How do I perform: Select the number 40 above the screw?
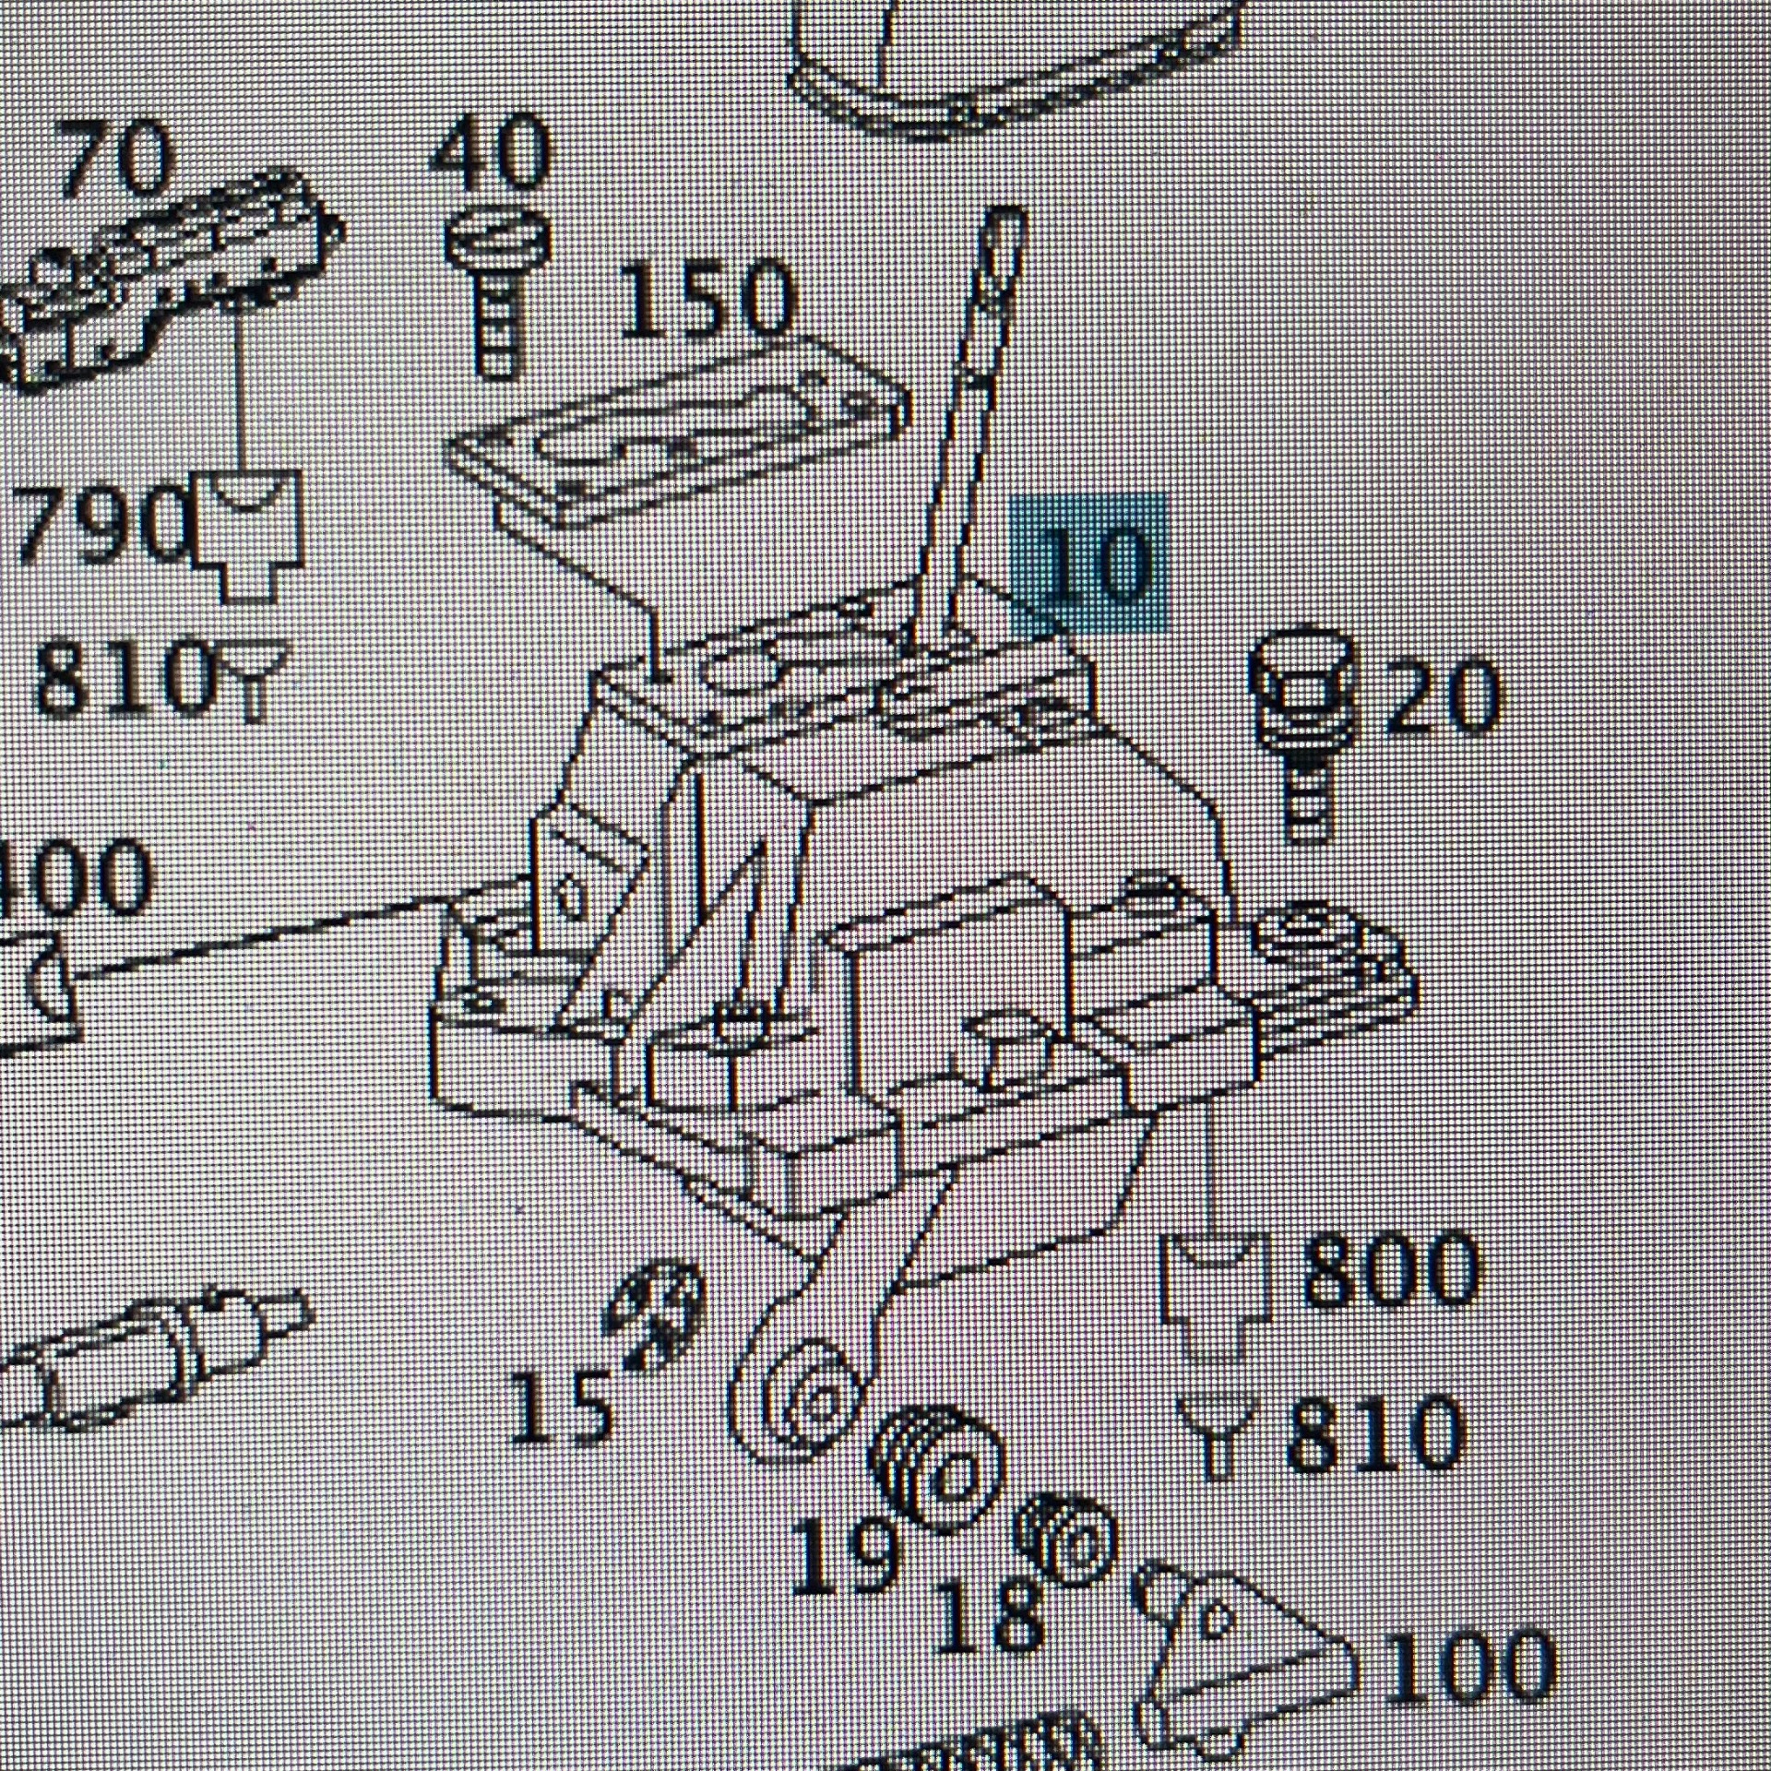point(491,152)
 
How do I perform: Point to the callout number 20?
point(1442,698)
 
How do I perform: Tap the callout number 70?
point(117,159)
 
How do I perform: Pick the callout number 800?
point(1388,1270)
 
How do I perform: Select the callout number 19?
point(842,1556)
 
